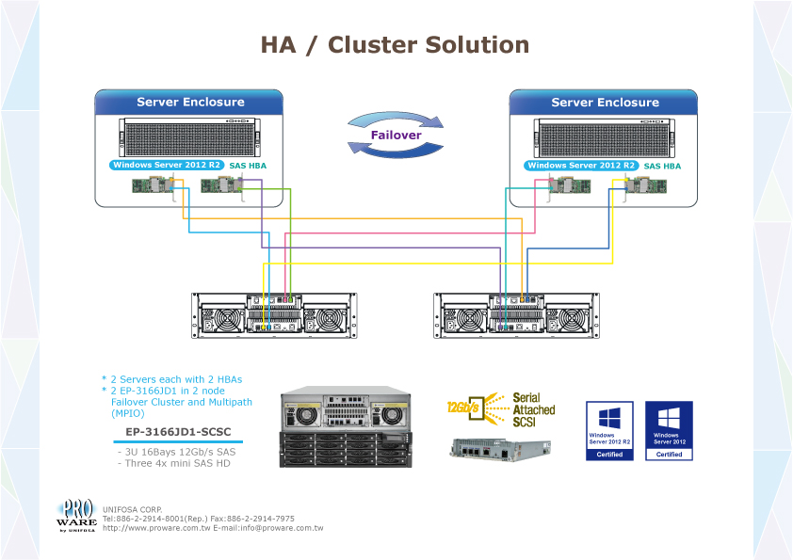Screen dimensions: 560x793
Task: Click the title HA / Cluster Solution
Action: (395, 45)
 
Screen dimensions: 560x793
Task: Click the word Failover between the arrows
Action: (396, 136)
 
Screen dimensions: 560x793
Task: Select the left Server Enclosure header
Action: (189, 103)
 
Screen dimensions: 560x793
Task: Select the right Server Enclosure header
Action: (604, 103)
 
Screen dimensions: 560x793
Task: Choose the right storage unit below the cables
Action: (515, 315)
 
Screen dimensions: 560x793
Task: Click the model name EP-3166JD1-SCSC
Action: (172, 433)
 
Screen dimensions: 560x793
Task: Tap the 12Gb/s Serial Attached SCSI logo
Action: (501, 410)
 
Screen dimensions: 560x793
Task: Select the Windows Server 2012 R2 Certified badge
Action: (609, 430)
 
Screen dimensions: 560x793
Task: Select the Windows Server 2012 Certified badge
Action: (669, 430)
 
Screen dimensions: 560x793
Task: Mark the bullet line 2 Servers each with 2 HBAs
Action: (171, 379)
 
